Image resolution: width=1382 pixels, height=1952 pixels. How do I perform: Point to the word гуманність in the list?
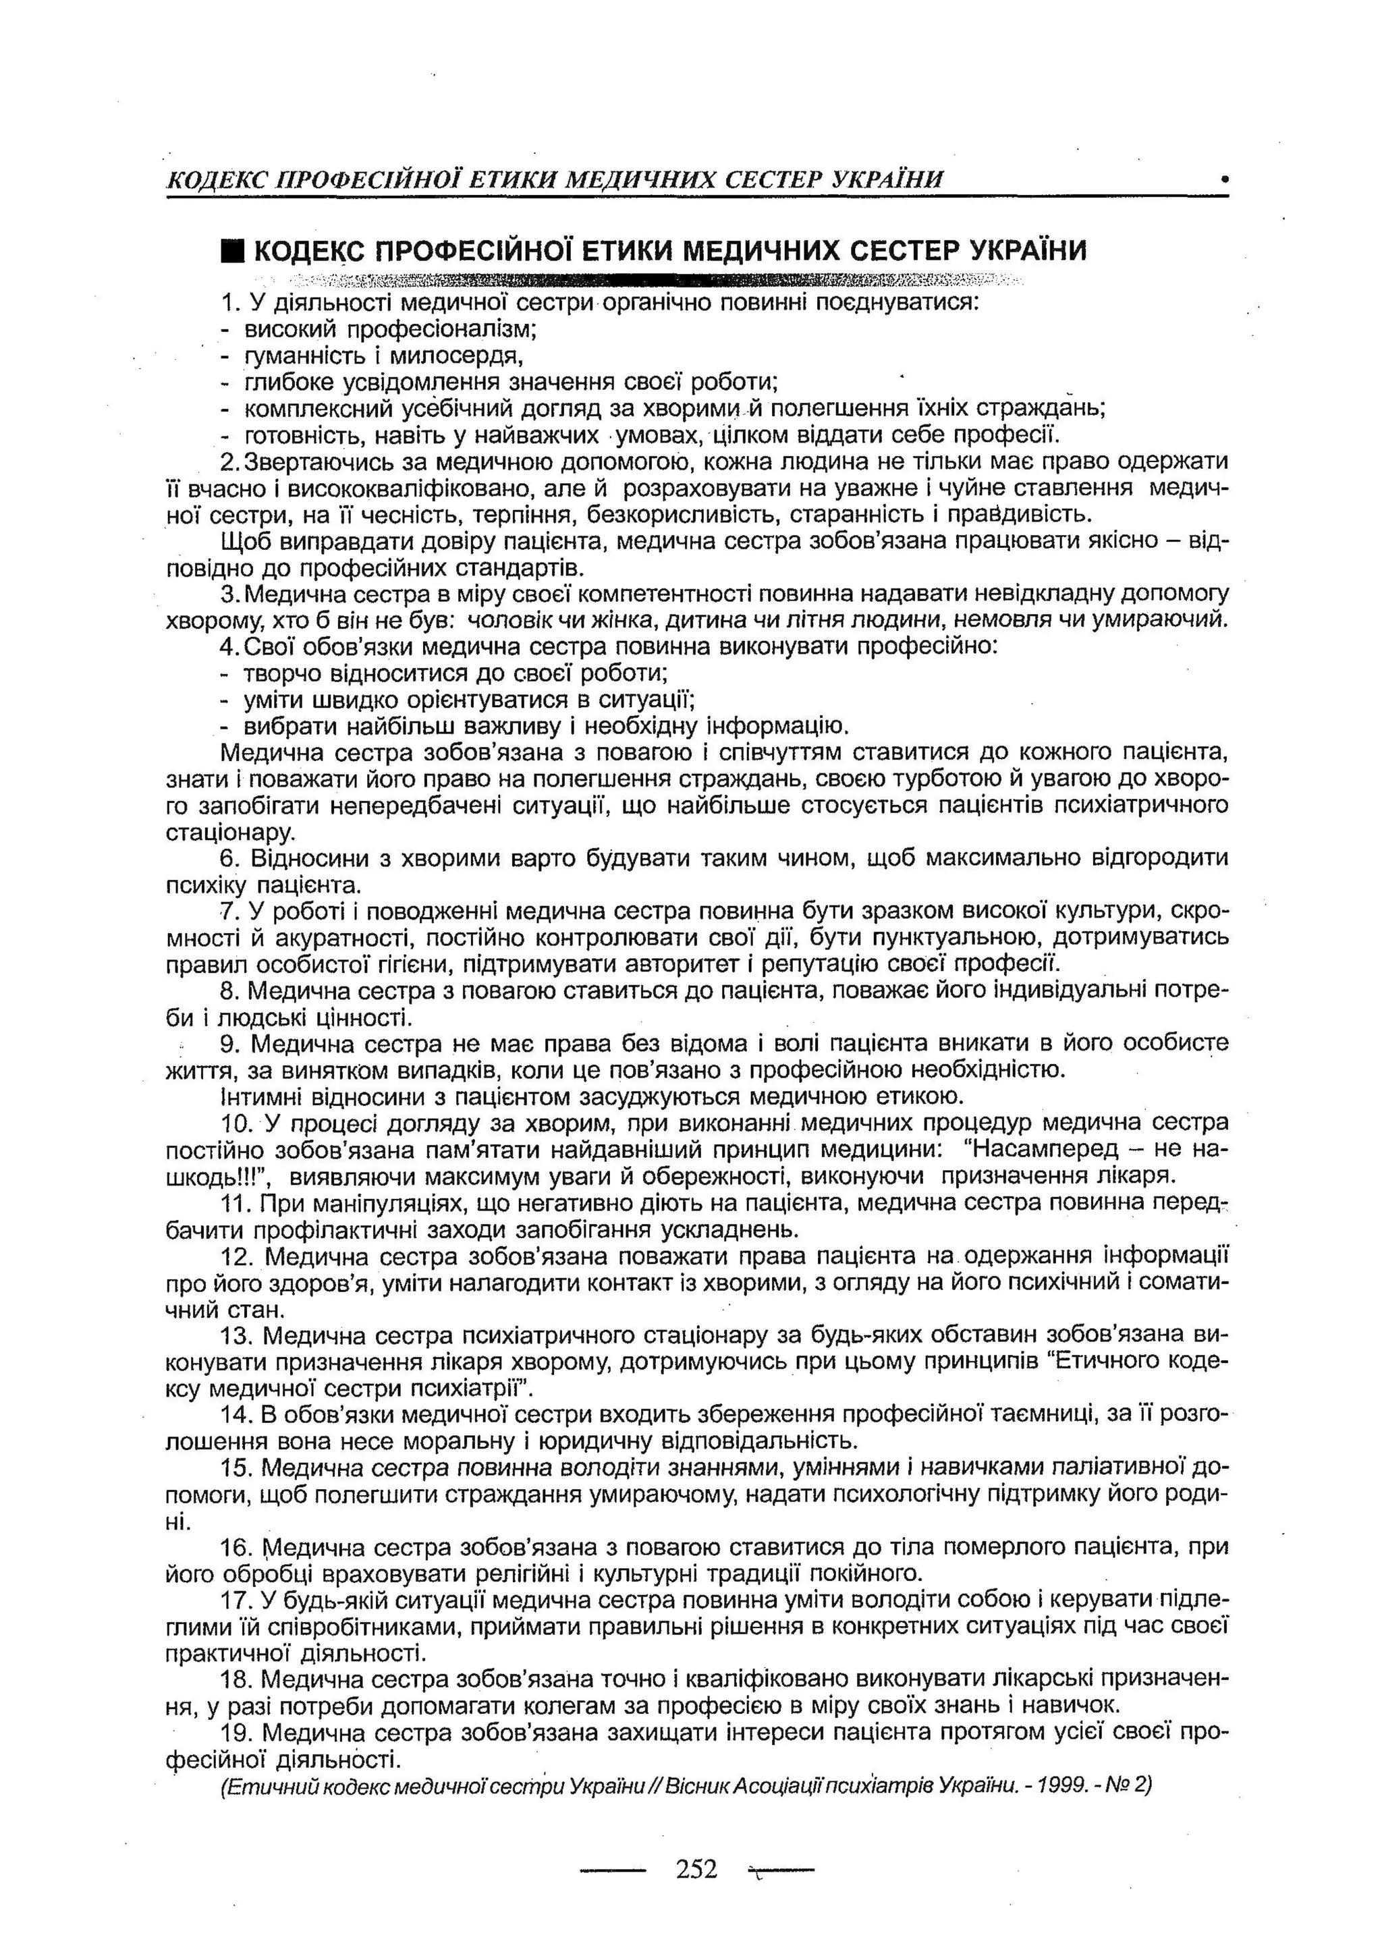point(289,355)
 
